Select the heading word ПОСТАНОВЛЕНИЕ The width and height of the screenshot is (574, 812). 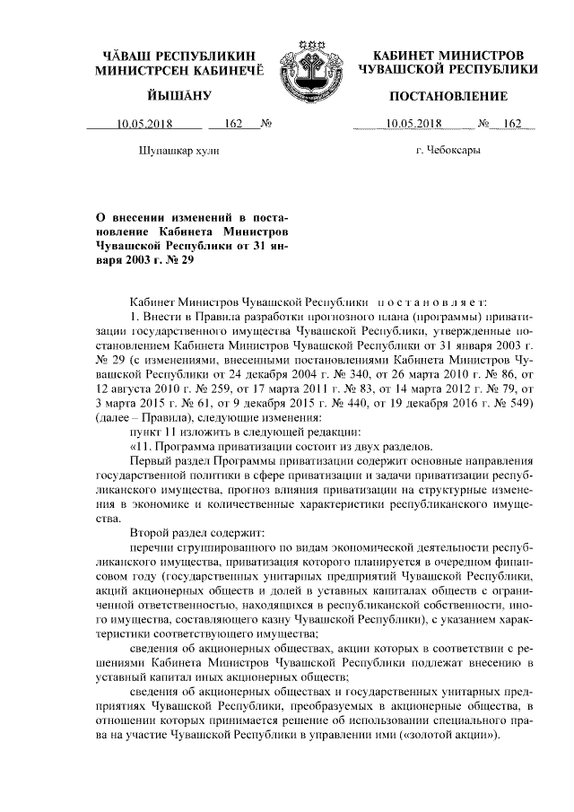[448, 96]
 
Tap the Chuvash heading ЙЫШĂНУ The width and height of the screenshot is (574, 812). [178, 96]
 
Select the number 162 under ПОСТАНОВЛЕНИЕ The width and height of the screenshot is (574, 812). [512, 125]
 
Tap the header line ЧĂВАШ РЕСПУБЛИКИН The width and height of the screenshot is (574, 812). [178, 54]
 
